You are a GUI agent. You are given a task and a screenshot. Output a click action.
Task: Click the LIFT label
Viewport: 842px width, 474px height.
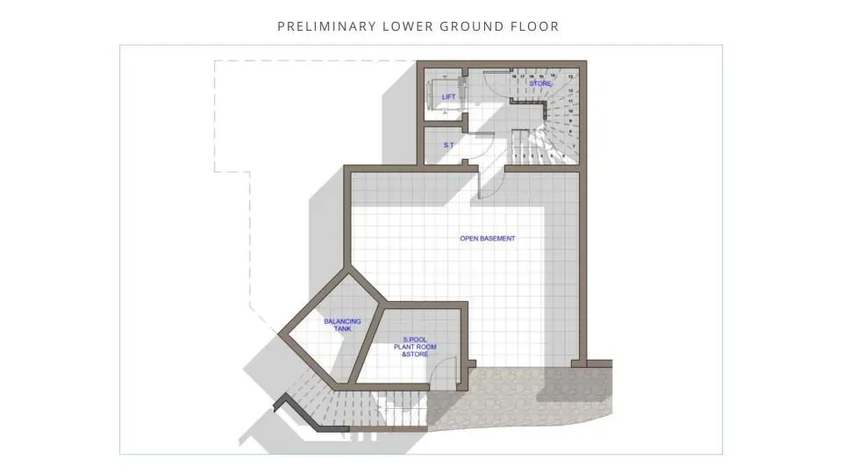[448, 97]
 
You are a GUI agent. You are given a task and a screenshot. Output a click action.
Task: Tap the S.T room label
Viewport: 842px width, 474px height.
[447, 145]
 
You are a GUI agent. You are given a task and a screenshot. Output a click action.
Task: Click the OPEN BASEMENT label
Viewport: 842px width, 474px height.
[488, 239]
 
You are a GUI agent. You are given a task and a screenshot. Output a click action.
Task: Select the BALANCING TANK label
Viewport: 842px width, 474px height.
[342, 325]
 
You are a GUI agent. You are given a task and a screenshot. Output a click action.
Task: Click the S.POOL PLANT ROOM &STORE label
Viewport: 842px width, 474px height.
[419, 348]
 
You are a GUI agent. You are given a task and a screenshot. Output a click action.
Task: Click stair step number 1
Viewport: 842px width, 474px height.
[514, 156]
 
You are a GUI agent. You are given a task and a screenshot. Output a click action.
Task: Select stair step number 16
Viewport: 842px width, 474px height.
[514, 77]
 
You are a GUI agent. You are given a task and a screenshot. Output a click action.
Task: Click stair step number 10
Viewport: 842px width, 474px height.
[571, 111]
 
